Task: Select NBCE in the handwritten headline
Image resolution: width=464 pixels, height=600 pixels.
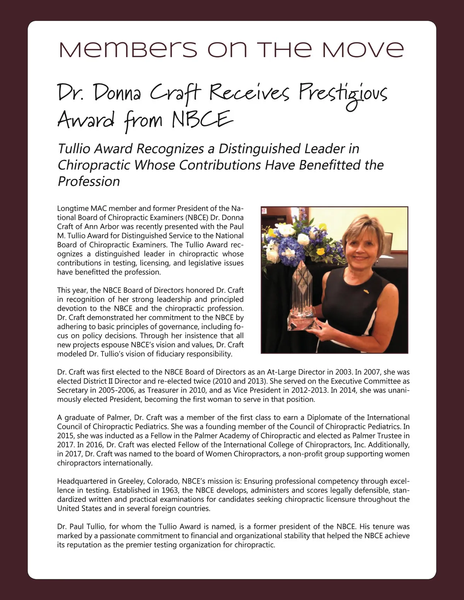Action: click(x=202, y=119)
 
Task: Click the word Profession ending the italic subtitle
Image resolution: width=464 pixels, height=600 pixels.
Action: click(x=89, y=181)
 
